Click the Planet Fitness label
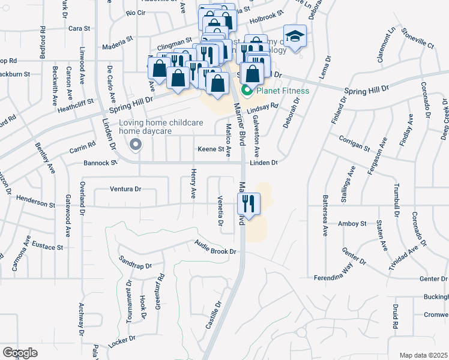(283, 91)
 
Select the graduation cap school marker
(295, 38)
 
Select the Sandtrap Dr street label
(136, 261)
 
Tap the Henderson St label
(35, 202)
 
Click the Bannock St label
(100, 163)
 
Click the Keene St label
(211, 149)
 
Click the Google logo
(20, 353)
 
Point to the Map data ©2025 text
(423, 355)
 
